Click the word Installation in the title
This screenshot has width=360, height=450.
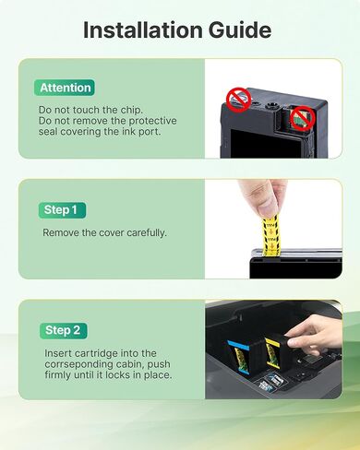(x=144, y=30)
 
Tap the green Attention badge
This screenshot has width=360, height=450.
(x=66, y=88)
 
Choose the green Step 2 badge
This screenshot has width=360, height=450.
(x=63, y=329)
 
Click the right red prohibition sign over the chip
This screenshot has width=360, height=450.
(x=300, y=117)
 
